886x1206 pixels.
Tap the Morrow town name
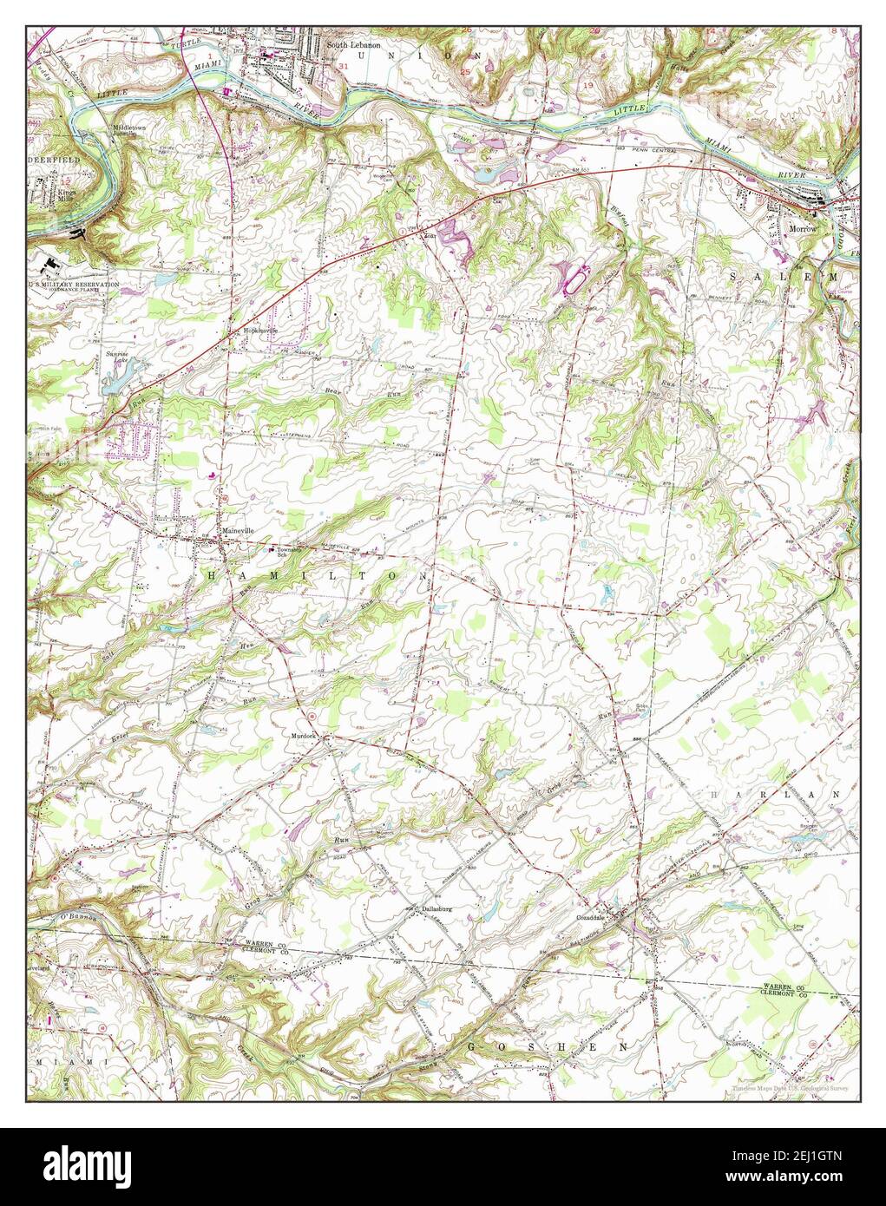804,229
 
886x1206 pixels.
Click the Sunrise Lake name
116,357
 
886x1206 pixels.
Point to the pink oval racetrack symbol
576,278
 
